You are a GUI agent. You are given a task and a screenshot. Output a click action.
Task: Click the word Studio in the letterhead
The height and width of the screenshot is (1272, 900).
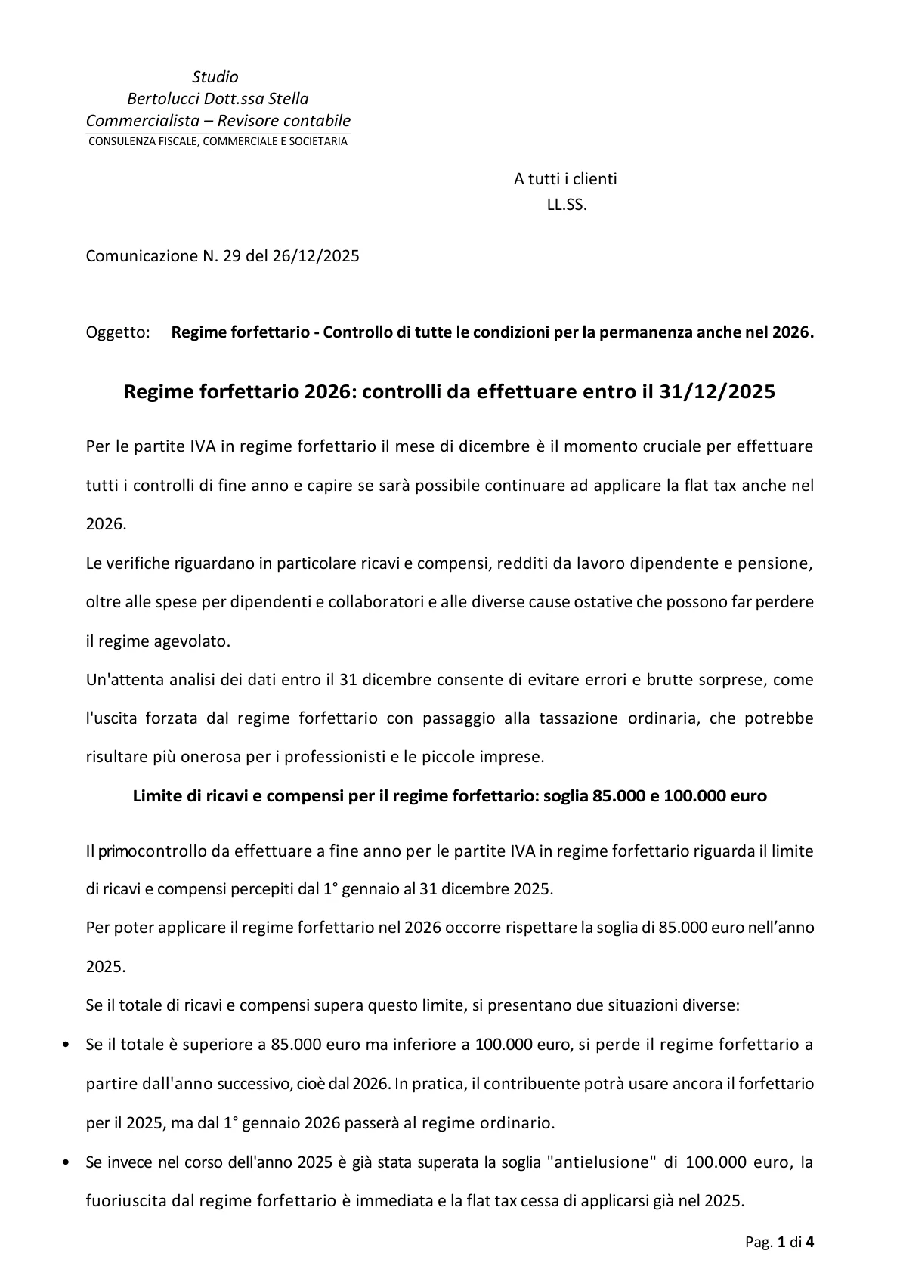tap(215, 77)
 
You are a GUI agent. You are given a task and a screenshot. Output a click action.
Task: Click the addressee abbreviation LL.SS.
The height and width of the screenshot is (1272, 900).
tap(567, 205)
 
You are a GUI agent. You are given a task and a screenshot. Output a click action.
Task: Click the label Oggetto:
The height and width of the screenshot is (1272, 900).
tap(118, 333)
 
